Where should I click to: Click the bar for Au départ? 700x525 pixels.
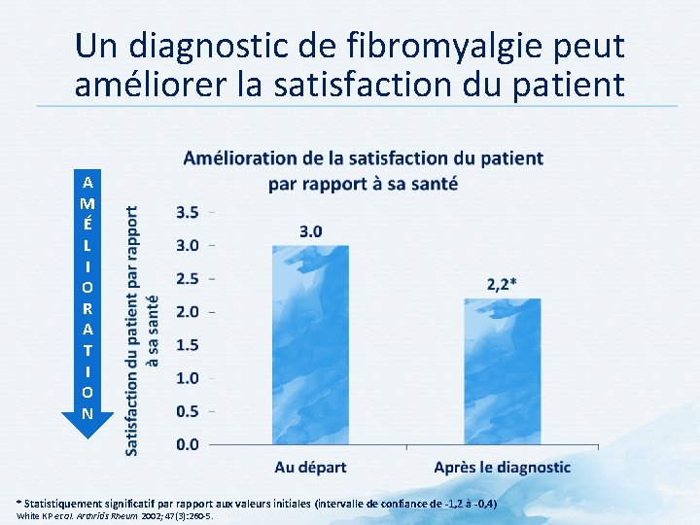point(310,345)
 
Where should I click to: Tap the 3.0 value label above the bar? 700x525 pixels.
point(311,231)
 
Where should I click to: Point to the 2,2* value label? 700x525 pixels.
point(502,284)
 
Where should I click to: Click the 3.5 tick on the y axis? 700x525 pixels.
point(187,212)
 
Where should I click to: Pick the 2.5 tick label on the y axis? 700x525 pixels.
point(187,278)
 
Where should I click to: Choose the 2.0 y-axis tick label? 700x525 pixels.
point(187,311)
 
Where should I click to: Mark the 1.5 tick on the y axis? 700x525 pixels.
point(187,344)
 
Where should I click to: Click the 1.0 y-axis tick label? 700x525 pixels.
point(187,377)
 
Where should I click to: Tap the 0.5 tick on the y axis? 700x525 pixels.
point(187,410)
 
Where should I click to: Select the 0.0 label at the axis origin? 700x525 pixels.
point(187,444)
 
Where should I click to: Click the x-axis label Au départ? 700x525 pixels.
point(310,468)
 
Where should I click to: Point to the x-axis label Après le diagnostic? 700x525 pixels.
point(502,468)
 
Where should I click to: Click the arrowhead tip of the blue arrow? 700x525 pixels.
point(87,437)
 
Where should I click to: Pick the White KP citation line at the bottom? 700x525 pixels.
point(114,516)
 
